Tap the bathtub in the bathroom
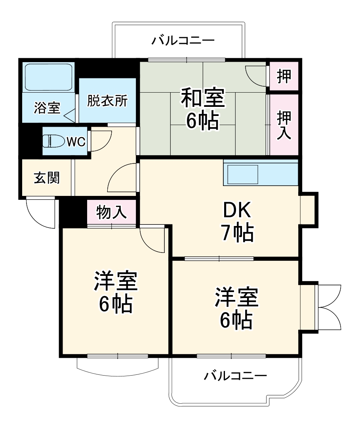point(48,77)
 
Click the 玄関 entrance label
point(47,178)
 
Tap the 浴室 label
point(47,108)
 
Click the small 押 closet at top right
point(283,76)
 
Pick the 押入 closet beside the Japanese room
point(284,125)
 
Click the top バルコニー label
point(183,40)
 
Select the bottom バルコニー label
point(235,375)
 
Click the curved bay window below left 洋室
point(117,365)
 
